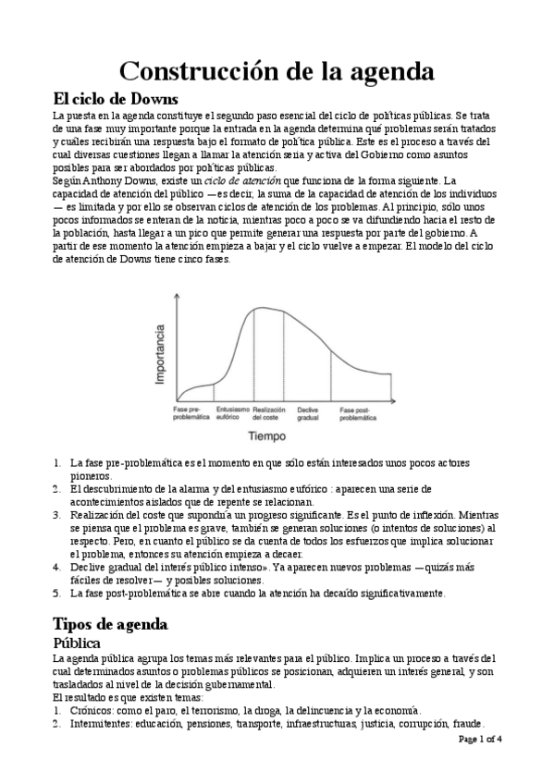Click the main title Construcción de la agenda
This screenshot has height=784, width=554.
point(277,70)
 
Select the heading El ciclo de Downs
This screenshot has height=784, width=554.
point(116,99)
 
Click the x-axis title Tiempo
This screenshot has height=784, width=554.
point(265,434)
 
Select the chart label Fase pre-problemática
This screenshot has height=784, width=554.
point(191,412)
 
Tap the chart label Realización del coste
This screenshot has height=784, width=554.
point(268,412)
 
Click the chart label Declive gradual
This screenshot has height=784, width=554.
point(308,412)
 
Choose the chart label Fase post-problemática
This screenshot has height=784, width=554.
point(357,412)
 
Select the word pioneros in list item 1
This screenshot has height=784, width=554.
point(90,474)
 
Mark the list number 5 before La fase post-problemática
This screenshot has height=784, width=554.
point(57,593)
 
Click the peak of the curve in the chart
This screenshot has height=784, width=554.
point(264,307)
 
